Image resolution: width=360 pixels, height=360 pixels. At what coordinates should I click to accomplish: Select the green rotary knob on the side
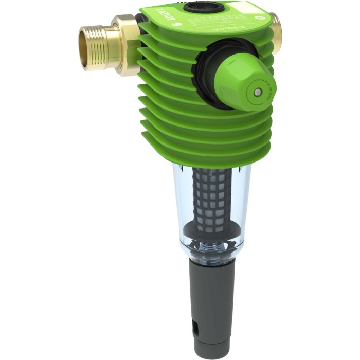242,85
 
